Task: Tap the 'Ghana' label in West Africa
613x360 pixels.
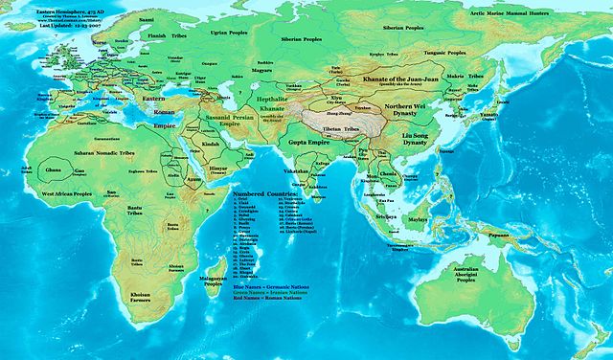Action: (x=52, y=169)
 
